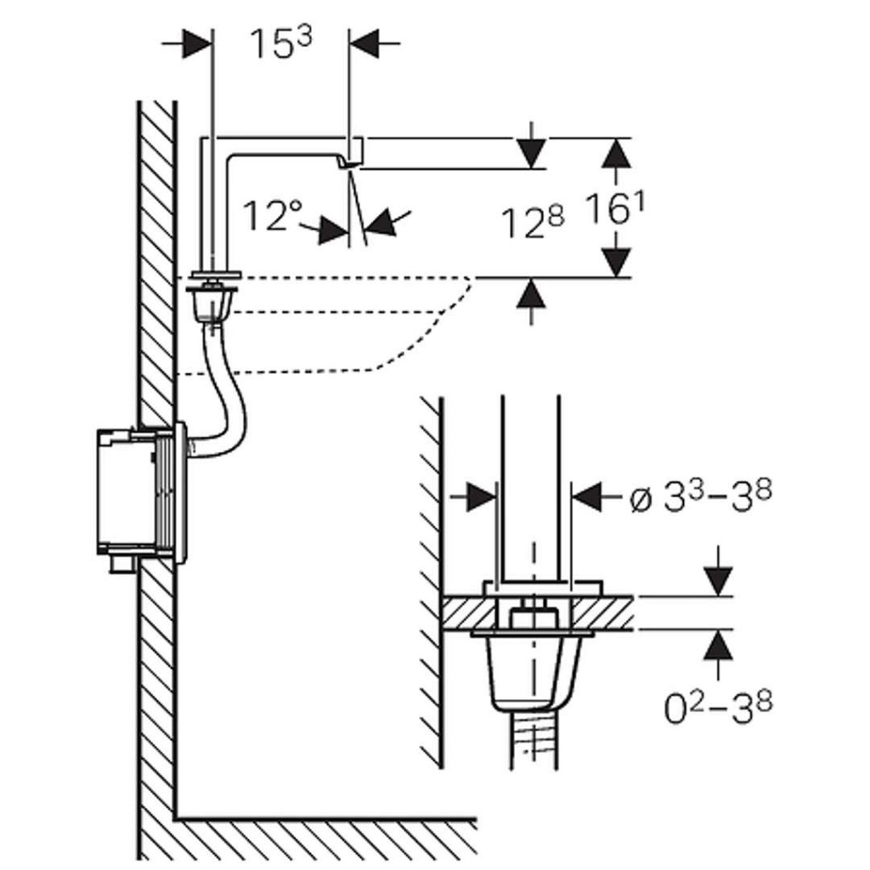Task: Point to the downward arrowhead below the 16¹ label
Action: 618,260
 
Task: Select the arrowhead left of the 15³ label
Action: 196,44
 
